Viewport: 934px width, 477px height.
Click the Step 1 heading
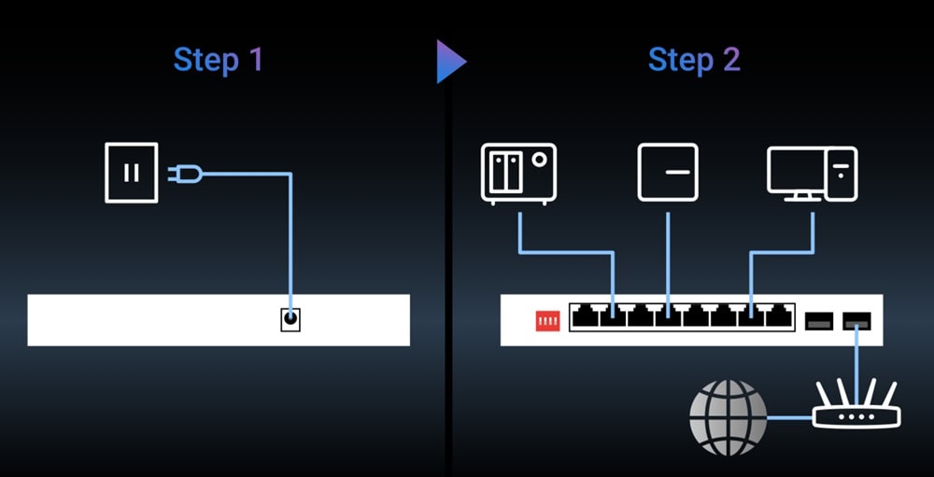click(x=219, y=61)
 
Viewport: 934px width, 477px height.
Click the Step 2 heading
click(x=694, y=61)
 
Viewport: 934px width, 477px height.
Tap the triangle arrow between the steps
click(x=450, y=62)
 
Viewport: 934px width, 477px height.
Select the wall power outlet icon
click(x=131, y=172)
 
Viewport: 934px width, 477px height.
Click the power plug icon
click(x=185, y=173)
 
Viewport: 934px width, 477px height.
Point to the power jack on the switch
click(x=290, y=319)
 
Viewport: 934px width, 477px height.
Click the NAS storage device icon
click(x=518, y=173)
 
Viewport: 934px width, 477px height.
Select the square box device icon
click(x=668, y=172)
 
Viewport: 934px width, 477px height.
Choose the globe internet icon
click(x=728, y=417)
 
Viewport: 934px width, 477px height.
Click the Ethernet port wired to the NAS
click(x=613, y=317)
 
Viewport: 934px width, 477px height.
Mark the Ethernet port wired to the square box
click(x=668, y=317)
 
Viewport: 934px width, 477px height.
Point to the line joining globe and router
click(x=790, y=417)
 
